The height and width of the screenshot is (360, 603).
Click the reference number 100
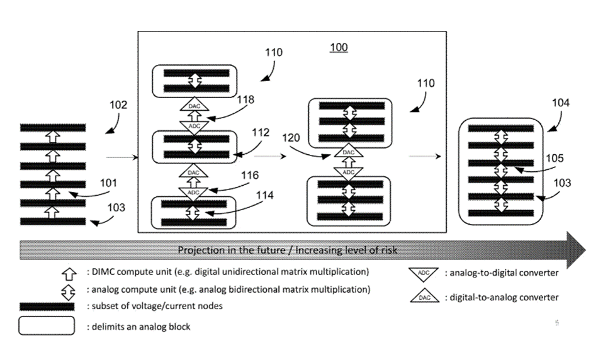pyautogui.click(x=339, y=48)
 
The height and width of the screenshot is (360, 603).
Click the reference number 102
pyautogui.click(x=118, y=105)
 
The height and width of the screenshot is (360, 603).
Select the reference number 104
pyautogui.click(x=561, y=103)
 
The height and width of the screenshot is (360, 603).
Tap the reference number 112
pyautogui.click(x=260, y=133)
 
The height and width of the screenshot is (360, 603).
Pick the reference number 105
pyautogui.click(x=556, y=159)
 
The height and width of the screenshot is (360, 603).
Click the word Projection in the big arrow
pyautogui.click(x=200, y=250)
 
